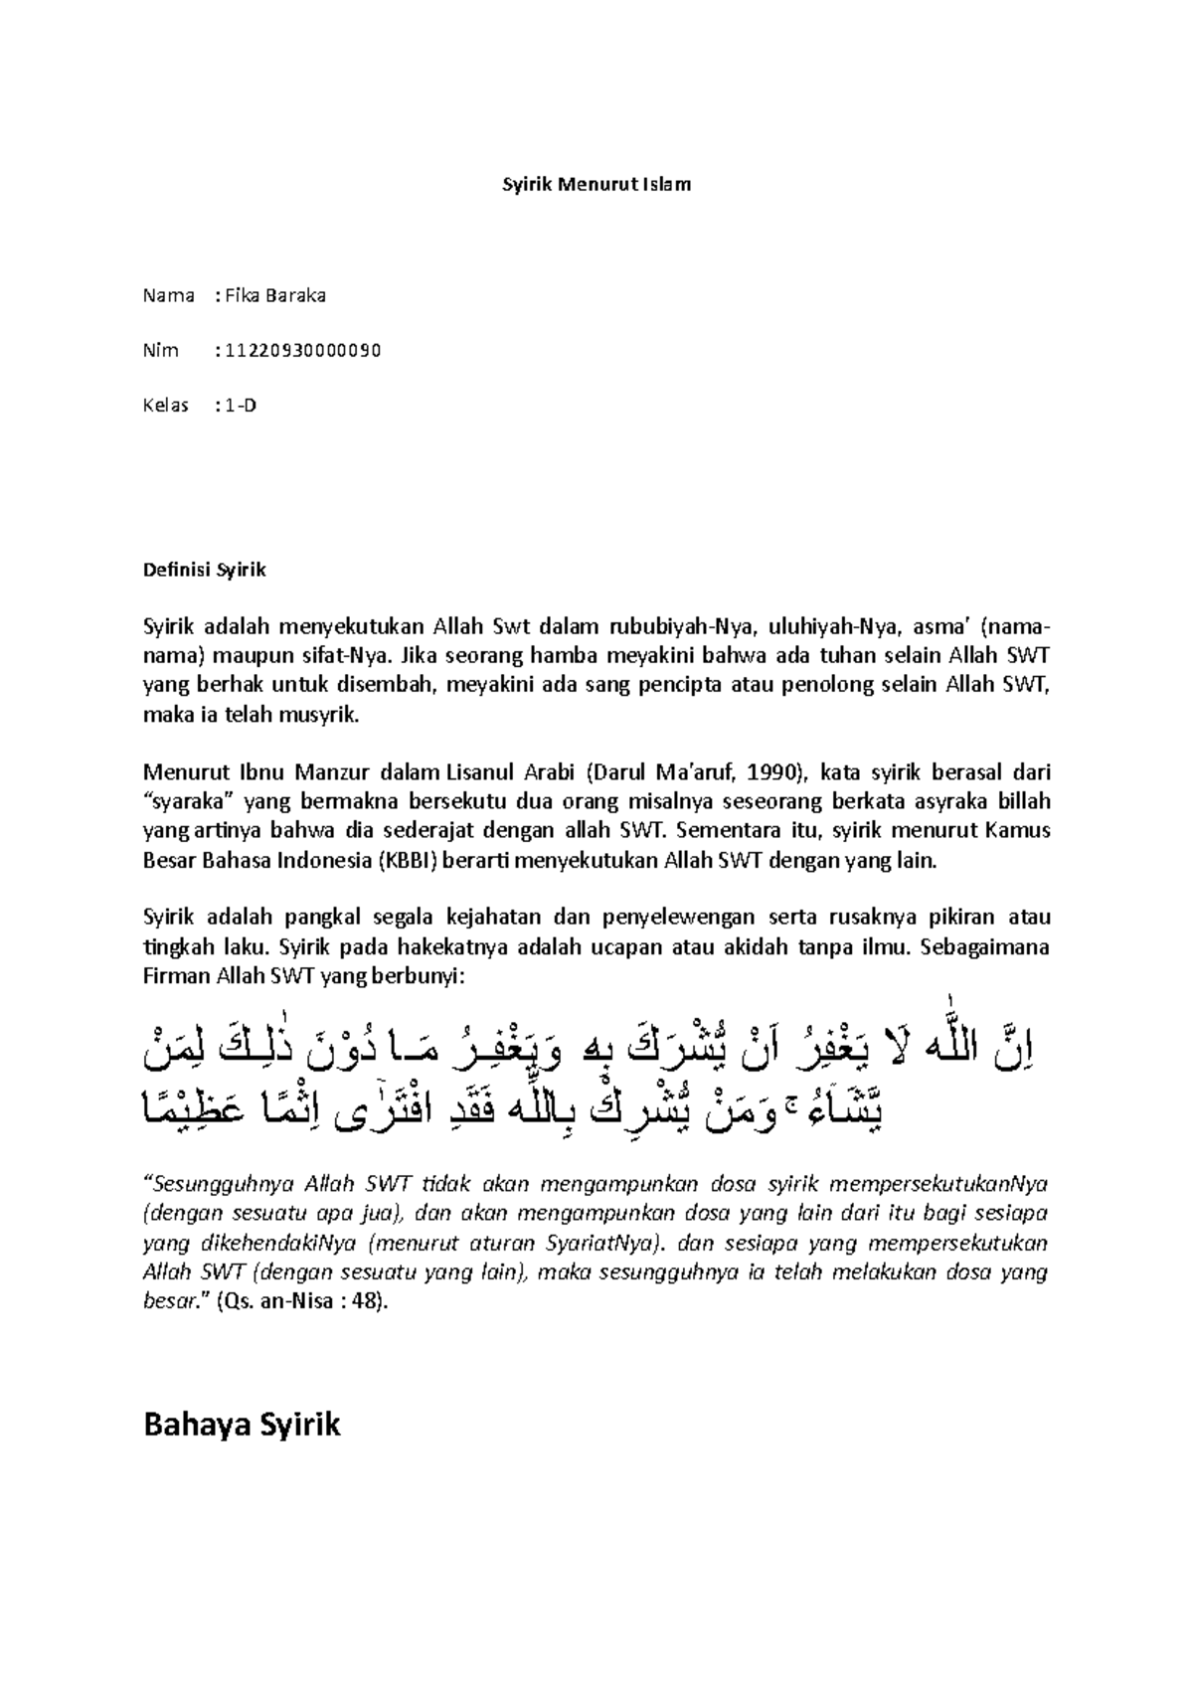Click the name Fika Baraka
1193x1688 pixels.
tap(274, 295)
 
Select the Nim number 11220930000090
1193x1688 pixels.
tap(302, 350)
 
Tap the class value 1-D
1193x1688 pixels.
tap(241, 406)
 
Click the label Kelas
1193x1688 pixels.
tap(166, 406)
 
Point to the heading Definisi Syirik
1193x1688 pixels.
tap(205, 571)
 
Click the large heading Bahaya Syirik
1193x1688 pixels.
tap(242, 1424)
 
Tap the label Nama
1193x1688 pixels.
tap(168, 295)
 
